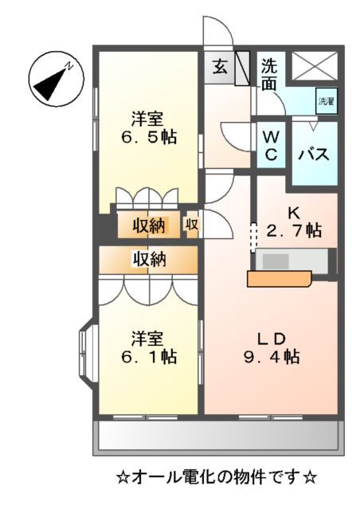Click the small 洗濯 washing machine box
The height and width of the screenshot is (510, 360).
[327, 100]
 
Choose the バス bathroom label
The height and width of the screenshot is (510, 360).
[314, 155]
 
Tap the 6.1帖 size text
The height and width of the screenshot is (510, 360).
[148, 356]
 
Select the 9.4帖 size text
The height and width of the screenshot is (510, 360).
[271, 358]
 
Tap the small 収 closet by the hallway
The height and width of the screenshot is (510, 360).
[193, 225]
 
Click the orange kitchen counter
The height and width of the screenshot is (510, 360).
[279, 278]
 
